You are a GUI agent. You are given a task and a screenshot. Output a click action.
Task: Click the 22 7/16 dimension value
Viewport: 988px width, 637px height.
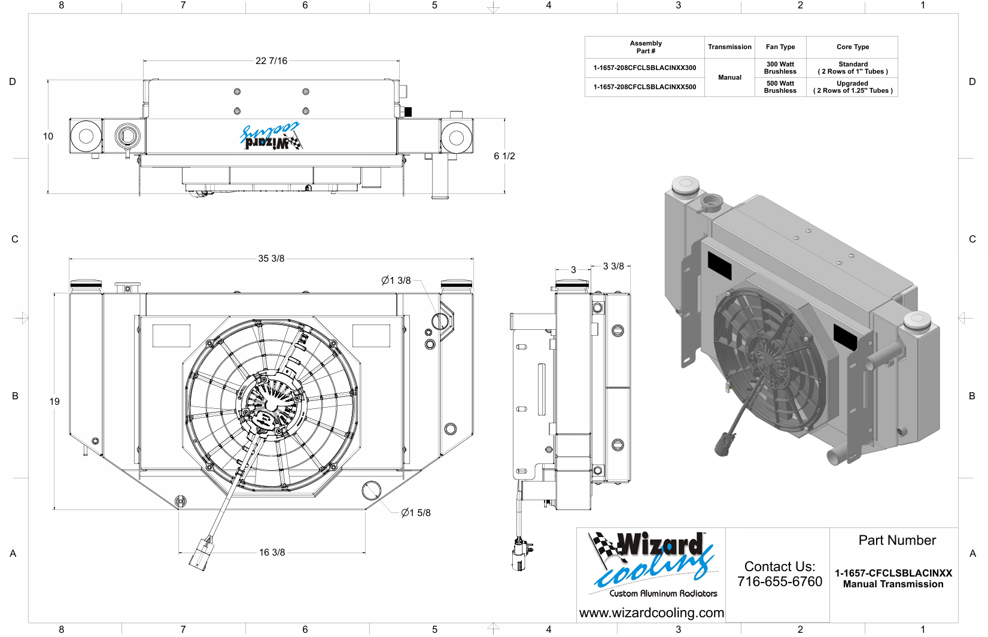(x=271, y=61)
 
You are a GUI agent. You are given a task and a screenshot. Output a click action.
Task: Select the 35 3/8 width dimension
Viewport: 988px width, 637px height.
(x=271, y=259)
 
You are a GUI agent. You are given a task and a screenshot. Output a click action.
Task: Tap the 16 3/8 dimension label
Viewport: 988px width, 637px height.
(x=272, y=553)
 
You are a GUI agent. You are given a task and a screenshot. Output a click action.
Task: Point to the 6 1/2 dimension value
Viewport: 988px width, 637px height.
(x=504, y=156)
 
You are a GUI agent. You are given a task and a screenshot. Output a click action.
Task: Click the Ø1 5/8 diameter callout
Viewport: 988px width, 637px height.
(x=416, y=512)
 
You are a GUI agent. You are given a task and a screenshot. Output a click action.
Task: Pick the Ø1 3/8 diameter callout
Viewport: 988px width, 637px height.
(x=396, y=281)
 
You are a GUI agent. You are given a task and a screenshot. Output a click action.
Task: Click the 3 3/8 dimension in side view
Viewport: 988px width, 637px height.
(x=613, y=266)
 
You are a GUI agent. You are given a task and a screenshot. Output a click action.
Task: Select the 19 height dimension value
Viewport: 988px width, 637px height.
(x=54, y=402)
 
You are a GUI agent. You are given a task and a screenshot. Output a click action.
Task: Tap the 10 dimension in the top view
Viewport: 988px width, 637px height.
(x=48, y=136)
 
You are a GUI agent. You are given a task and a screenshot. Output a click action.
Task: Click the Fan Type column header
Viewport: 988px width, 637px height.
(x=780, y=47)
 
